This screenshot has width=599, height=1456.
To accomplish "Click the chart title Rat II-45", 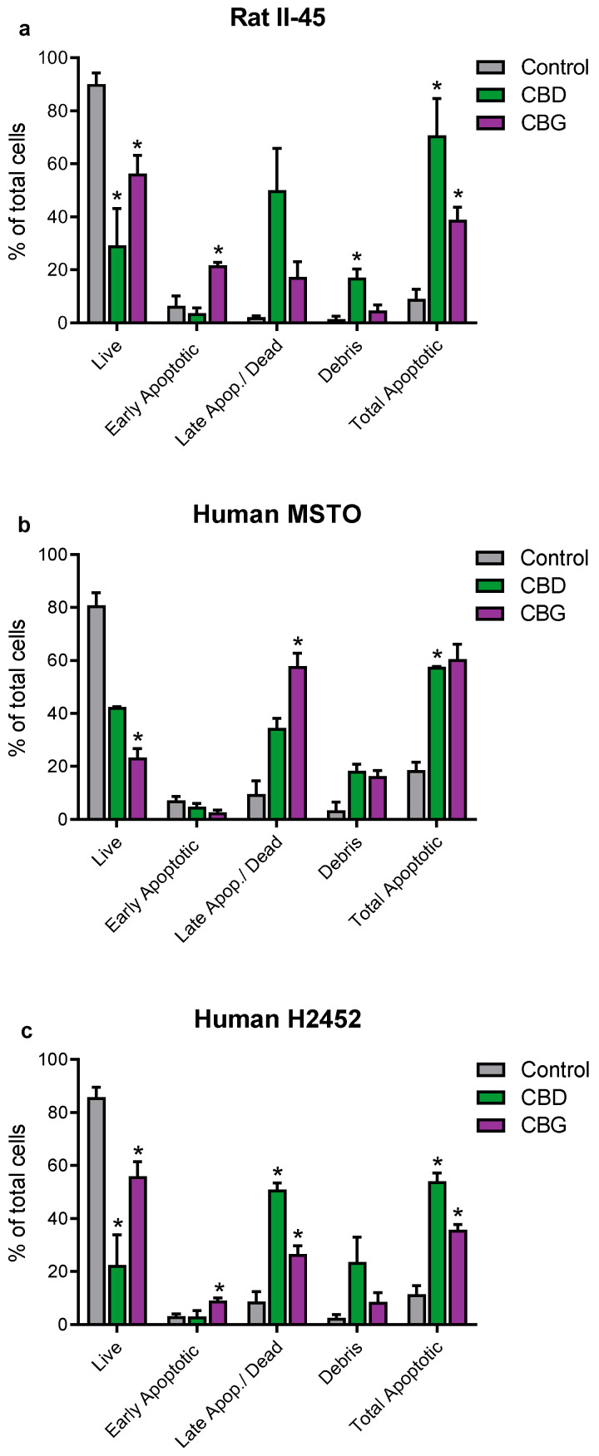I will point(277,17).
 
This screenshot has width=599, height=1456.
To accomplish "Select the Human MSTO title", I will point(277,514).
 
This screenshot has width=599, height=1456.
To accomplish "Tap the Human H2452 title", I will point(277,1019).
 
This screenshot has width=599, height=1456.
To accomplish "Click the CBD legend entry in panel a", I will point(542,95).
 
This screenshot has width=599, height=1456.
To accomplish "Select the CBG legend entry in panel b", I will point(542,614).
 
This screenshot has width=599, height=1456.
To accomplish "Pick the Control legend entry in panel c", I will point(554,1069).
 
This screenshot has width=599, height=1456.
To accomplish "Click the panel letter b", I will point(26,526).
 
